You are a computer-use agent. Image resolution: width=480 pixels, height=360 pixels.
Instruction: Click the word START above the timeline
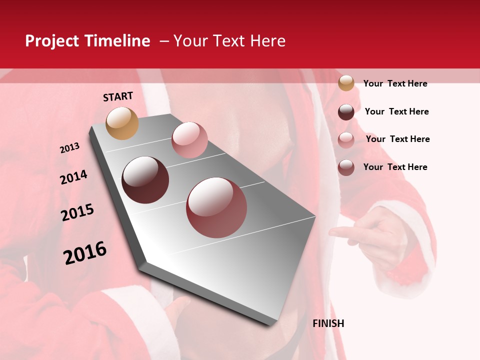point(118,96)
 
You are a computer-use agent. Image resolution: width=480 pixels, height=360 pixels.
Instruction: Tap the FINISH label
point(328,323)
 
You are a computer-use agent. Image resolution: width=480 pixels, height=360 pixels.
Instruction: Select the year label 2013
point(69,148)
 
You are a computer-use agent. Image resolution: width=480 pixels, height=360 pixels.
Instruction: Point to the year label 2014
point(73,177)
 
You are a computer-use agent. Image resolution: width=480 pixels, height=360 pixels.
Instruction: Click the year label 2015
point(77,212)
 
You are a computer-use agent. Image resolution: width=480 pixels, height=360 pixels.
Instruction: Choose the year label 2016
point(85,253)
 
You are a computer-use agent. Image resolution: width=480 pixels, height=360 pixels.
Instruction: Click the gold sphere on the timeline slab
point(122,123)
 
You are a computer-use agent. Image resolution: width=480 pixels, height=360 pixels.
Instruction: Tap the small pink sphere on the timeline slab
point(189,140)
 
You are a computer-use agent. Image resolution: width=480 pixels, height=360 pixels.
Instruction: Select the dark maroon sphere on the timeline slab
point(145,180)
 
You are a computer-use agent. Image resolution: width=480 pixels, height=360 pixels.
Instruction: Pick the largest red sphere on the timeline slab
point(216,207)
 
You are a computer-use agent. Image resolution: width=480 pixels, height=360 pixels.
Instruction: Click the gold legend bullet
point(346,83)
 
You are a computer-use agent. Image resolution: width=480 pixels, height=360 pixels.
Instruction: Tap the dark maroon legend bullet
point(346,112)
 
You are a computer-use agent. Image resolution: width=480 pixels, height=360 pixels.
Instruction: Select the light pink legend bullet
point(346,140)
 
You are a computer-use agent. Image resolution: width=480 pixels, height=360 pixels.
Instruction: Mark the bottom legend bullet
point(346,167)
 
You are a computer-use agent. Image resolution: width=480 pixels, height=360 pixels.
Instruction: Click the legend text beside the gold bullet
point(395,83)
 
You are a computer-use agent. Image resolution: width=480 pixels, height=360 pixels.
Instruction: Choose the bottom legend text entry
point(395,167)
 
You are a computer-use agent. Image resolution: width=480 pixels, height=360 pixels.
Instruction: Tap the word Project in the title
point(52,41)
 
